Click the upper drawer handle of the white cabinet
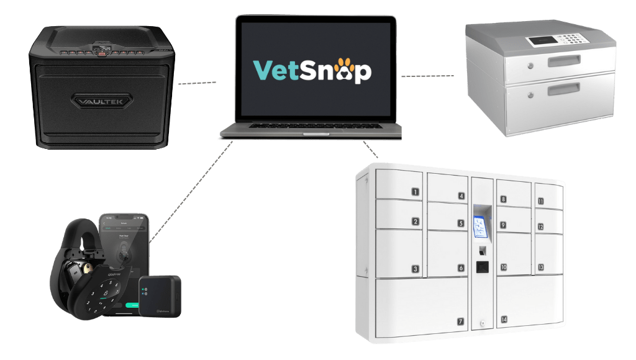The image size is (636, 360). [564, 61]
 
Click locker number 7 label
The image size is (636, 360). [460, 322]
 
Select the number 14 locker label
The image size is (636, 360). [504, 319]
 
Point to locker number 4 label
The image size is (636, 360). [461, 196]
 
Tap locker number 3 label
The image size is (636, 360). [415, 269]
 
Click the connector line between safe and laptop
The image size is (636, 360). [198, 82]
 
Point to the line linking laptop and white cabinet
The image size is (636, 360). [427, 76]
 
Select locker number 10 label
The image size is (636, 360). [504, 268]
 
